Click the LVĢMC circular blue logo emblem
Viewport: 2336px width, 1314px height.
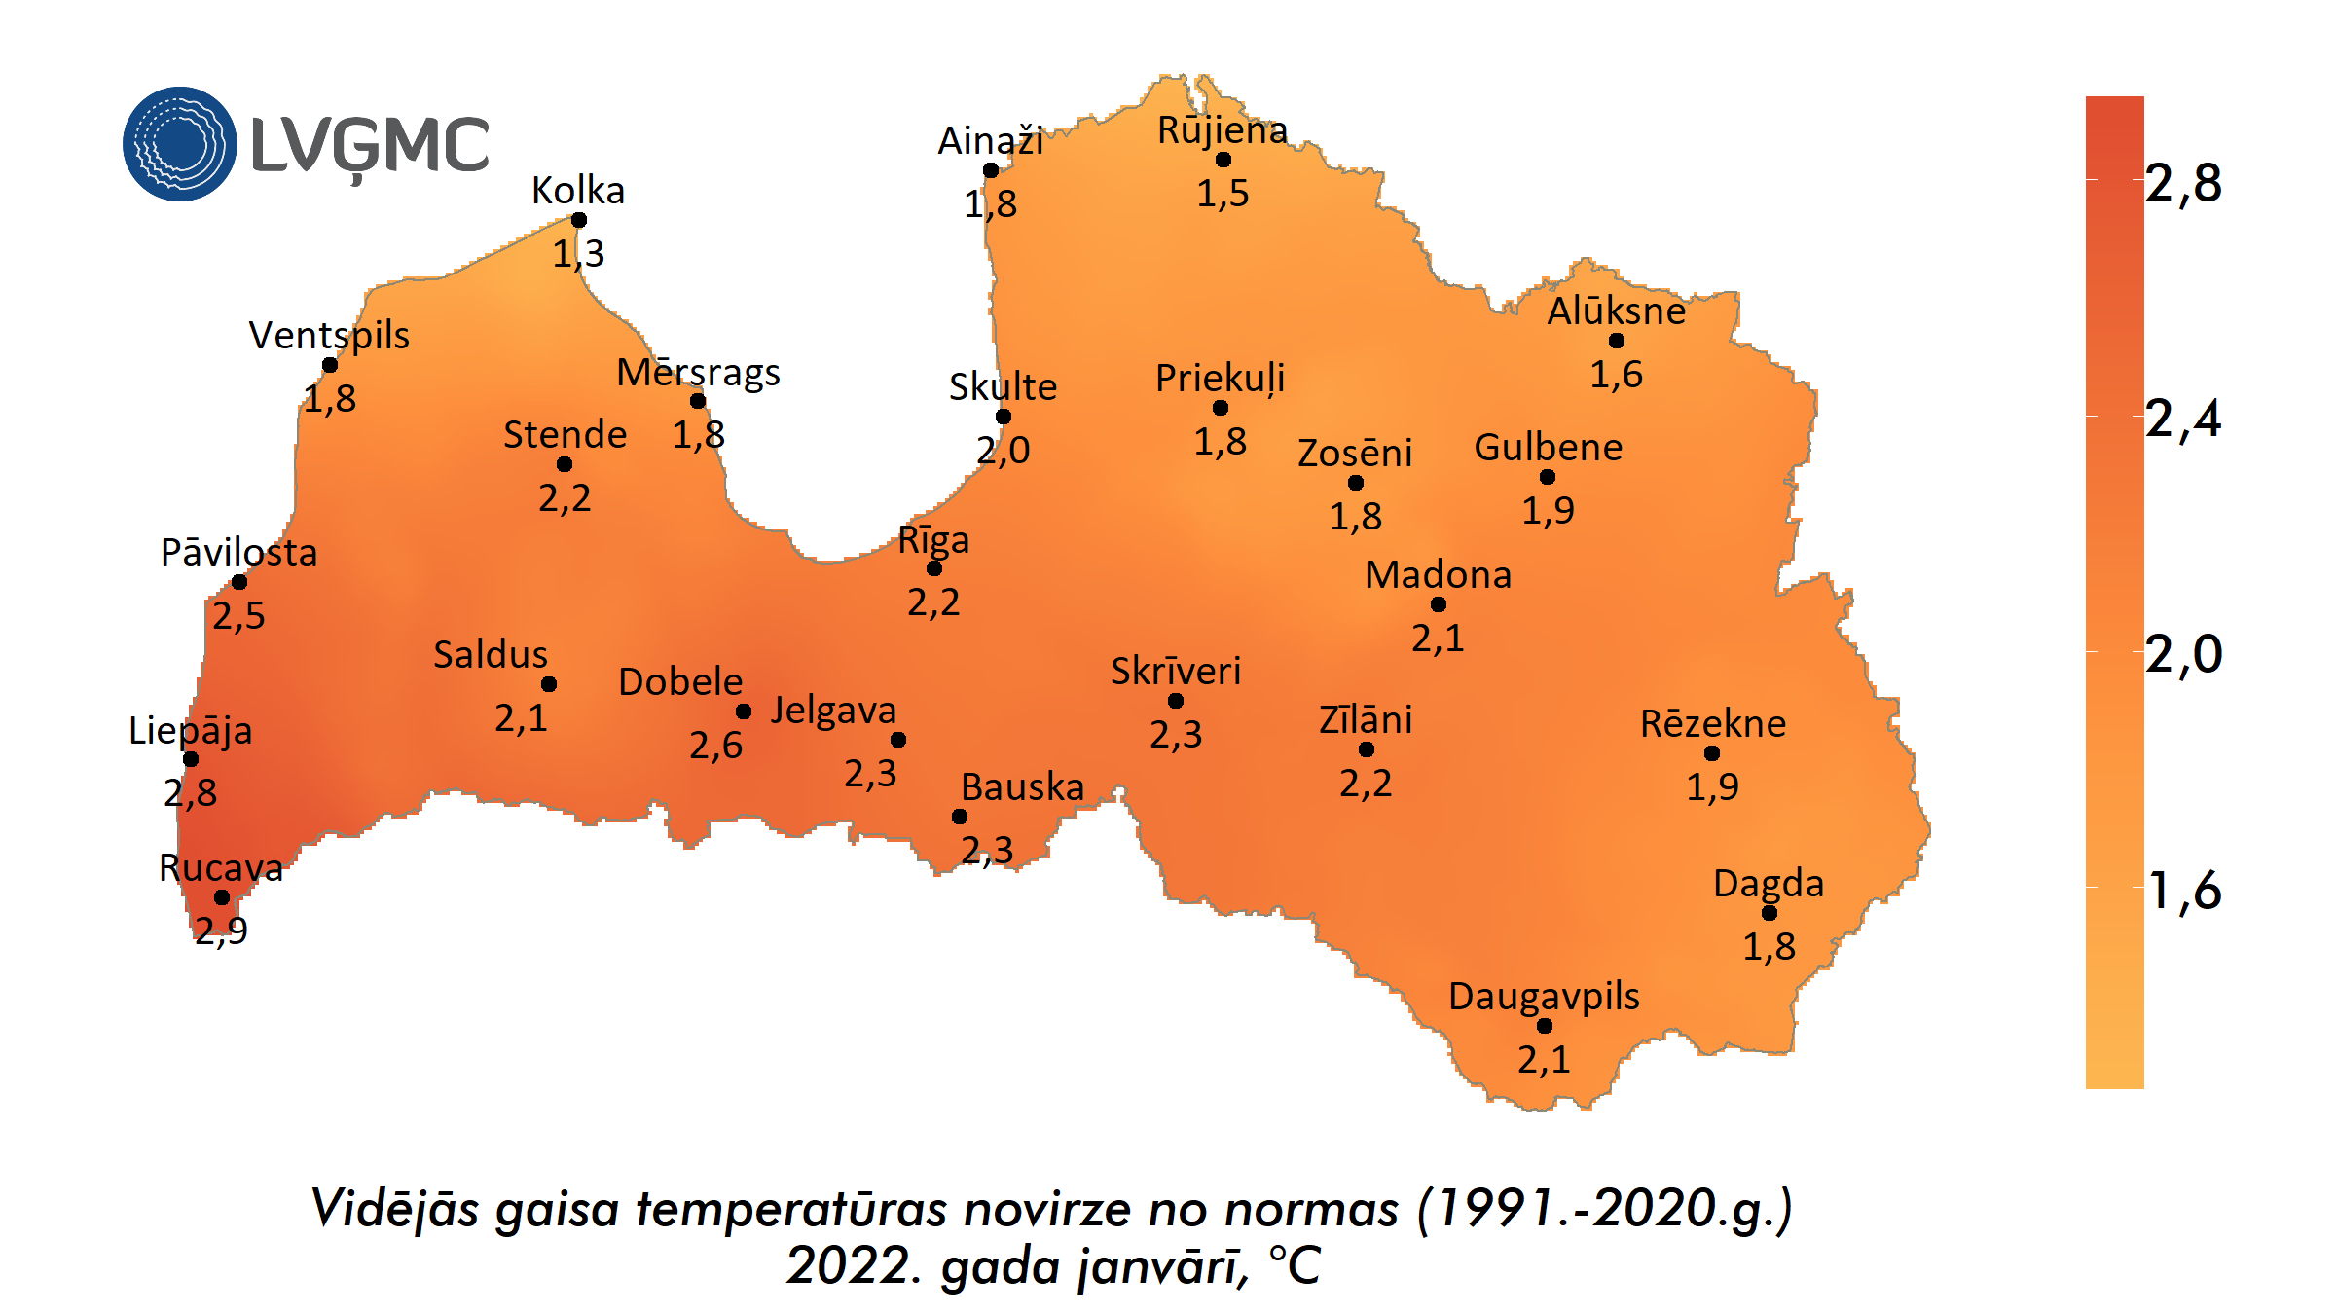180,144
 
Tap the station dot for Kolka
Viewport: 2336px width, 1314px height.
579,220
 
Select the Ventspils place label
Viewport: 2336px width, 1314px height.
329,335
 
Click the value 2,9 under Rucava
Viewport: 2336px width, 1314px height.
221,931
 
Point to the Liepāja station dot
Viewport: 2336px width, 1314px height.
191,759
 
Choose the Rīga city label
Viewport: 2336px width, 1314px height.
933,539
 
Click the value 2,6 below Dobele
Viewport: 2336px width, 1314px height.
715,746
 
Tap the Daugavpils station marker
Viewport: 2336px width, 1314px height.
1545,1026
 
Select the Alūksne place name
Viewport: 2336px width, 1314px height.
1617,311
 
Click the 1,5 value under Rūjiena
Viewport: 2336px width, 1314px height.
1223,194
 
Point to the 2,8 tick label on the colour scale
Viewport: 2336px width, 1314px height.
2184,182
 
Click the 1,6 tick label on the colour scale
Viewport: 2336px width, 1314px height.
2184,890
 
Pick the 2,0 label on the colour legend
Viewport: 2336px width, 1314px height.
2184,653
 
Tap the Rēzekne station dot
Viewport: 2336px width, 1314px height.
1712,753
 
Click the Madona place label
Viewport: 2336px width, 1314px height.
1438,575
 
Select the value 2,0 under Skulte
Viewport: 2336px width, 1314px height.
1003,450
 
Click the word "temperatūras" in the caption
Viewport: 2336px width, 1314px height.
791,1209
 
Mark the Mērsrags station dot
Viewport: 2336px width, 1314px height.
698,401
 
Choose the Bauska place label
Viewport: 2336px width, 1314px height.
1022,786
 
